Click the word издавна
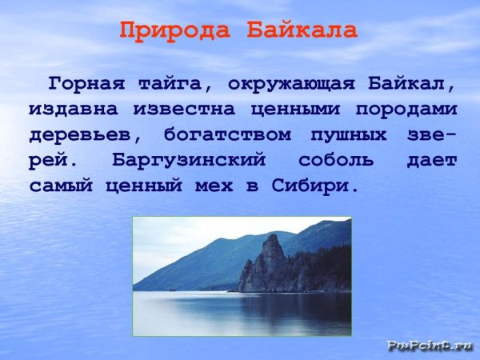point(69,109)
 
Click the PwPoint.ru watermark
point(430,346)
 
